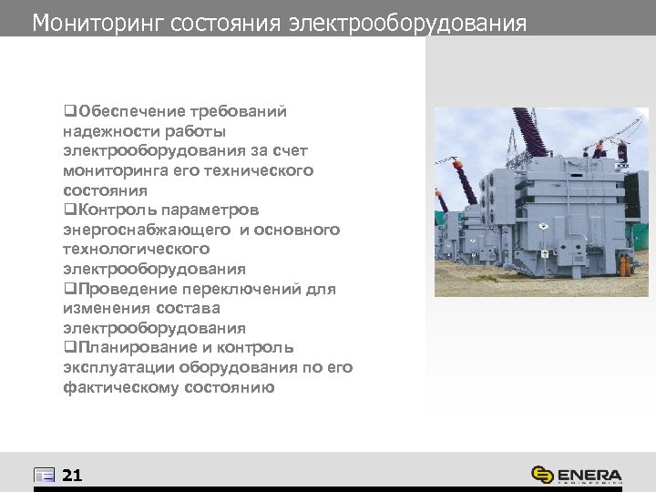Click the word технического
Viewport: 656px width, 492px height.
coord(264,170)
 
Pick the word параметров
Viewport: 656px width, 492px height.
coord(213,210)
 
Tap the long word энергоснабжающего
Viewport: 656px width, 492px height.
coord(149,230)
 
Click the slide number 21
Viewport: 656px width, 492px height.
coord(73,475)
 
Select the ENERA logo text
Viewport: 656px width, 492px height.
coord(589,475)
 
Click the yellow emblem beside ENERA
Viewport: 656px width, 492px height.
coord(543,475)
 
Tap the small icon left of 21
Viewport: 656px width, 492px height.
coord(44,475)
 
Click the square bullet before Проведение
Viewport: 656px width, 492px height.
coord(68,289)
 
